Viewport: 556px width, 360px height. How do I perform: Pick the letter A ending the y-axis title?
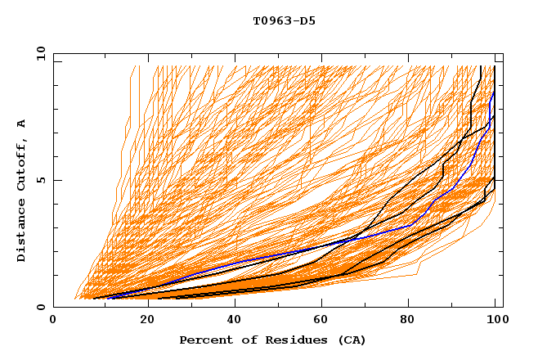(x=22, y=124)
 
